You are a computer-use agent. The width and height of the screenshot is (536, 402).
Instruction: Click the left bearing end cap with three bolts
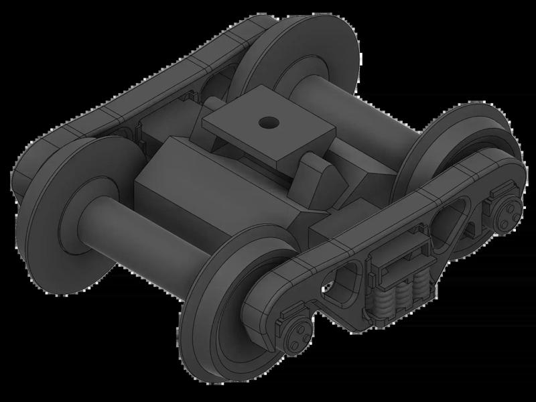point(297,331)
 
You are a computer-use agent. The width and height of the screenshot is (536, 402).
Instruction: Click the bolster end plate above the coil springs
point(399,258)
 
